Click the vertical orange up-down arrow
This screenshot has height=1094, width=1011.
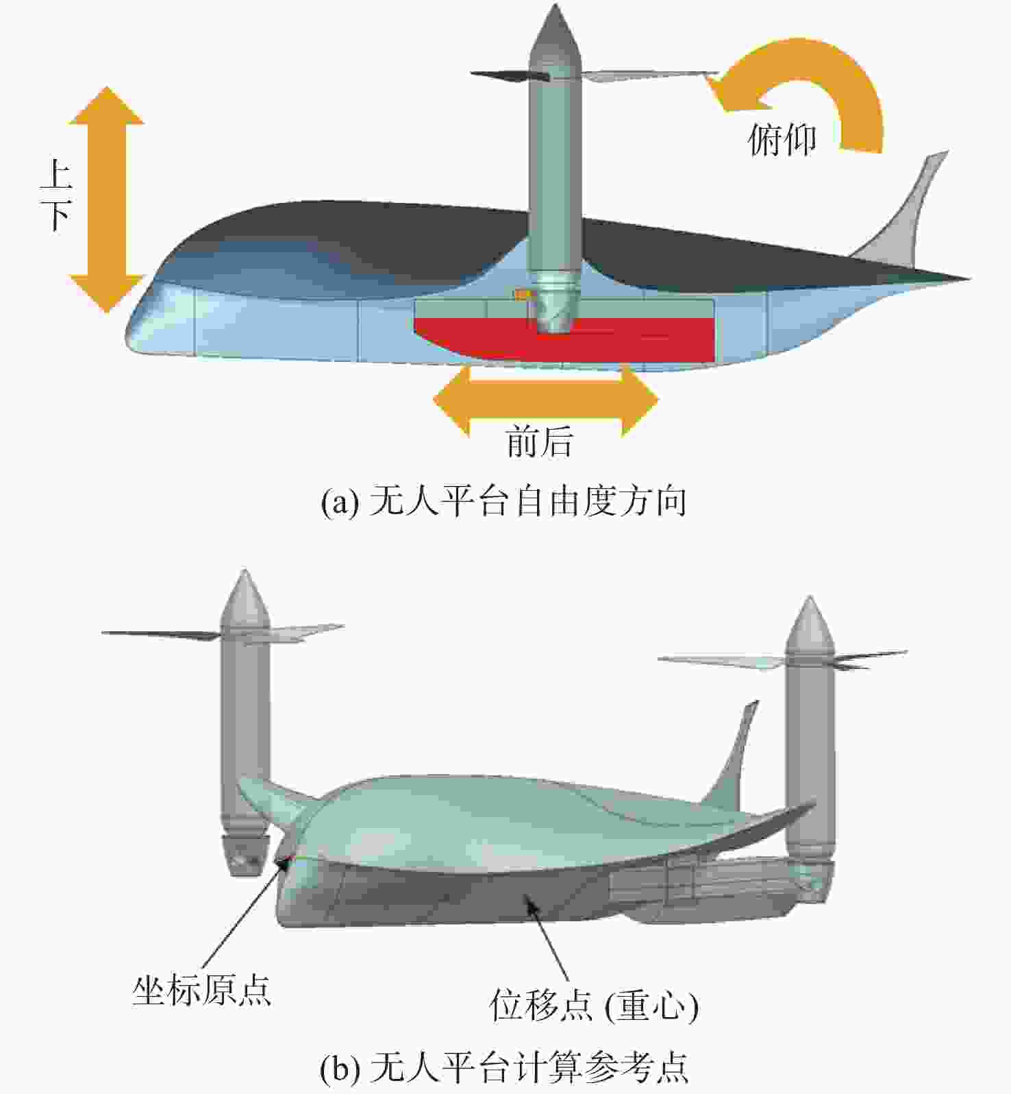pyautogui.click(x=107, y=199)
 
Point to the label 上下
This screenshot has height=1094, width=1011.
pyautogui.click(x=56, y=195)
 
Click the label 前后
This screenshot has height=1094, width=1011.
pyautogui.click(x=539, y=441)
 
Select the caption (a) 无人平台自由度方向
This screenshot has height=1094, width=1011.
pyautogui.click(x=504, y=502)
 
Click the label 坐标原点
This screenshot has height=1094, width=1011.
pyautogui.click(x=202, y=990)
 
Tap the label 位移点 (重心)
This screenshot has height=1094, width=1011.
pyautogui.click(x=595, y=1006)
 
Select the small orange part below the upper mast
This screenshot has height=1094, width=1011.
pyautogui.click(x=524, y=295)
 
